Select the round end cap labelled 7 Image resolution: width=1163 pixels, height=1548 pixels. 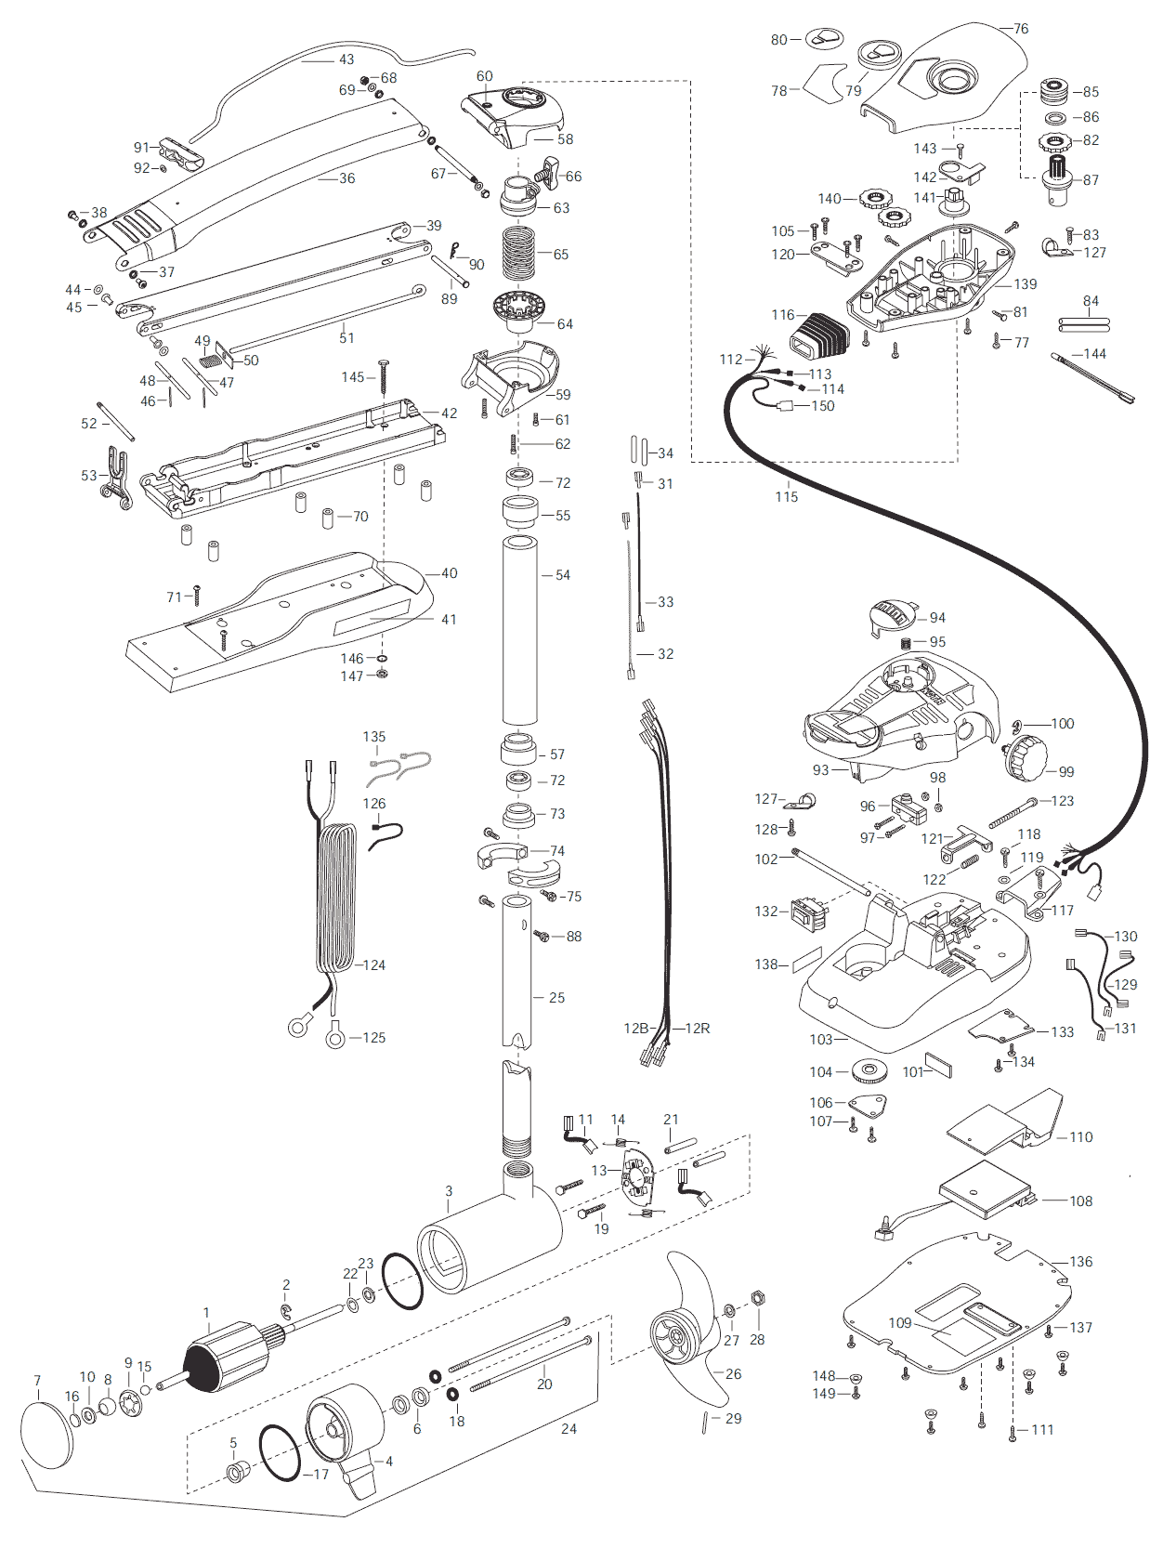tap(47, 1435)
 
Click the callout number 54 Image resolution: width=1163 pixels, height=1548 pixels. tap(563, 575)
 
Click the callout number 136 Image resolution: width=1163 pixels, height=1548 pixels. tap(1080, 1261)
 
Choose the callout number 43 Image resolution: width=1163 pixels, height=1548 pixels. tap(346, 60)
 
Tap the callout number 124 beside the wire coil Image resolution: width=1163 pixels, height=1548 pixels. tap(374, 964)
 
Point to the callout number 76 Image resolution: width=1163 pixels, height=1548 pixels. tap(1021, 29)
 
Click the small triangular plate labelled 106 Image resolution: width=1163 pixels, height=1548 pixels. tap(868, 1105)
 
